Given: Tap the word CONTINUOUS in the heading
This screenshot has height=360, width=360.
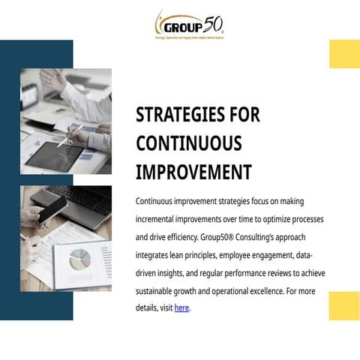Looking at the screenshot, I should tap(188, 143).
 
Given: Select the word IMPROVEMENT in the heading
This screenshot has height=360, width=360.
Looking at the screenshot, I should tap(193, 172).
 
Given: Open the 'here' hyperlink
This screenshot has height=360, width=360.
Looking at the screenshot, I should tap(181, 307).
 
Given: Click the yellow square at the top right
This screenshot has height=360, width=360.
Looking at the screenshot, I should tap(344, 54).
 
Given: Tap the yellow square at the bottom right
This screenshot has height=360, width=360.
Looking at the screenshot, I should tap(344, 306).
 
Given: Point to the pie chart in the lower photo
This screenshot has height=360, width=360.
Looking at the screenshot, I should tap(79, 259).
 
